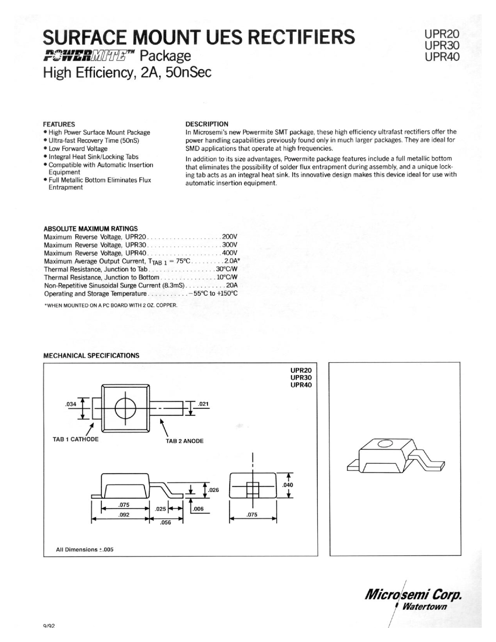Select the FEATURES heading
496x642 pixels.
coord(59,124)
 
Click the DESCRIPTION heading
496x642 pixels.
coord(207,124)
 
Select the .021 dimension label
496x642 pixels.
coord(203,404)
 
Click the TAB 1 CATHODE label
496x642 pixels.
coord(76,439)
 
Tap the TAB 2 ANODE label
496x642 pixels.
coord(185,441)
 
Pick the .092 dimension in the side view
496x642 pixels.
coord(124,515)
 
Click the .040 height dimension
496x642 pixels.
coord(287,485)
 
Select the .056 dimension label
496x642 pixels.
coord(165,522)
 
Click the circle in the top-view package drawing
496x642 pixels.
coord(126,409)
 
